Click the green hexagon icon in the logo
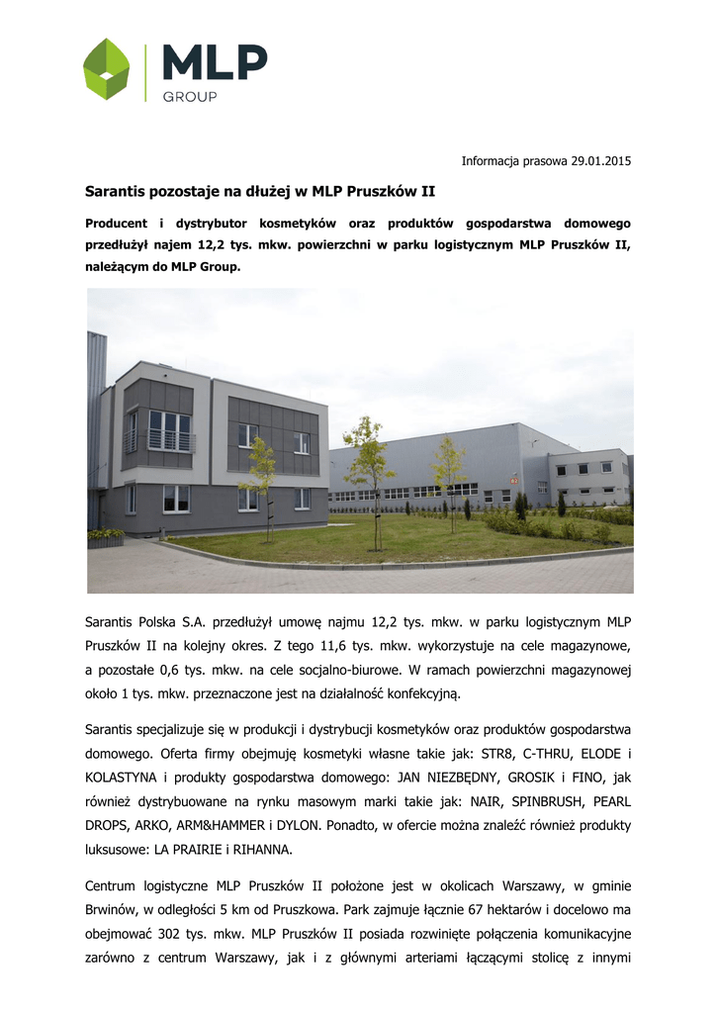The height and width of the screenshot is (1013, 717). tap(107, 69)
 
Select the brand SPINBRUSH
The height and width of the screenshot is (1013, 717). tap(532, 802)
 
